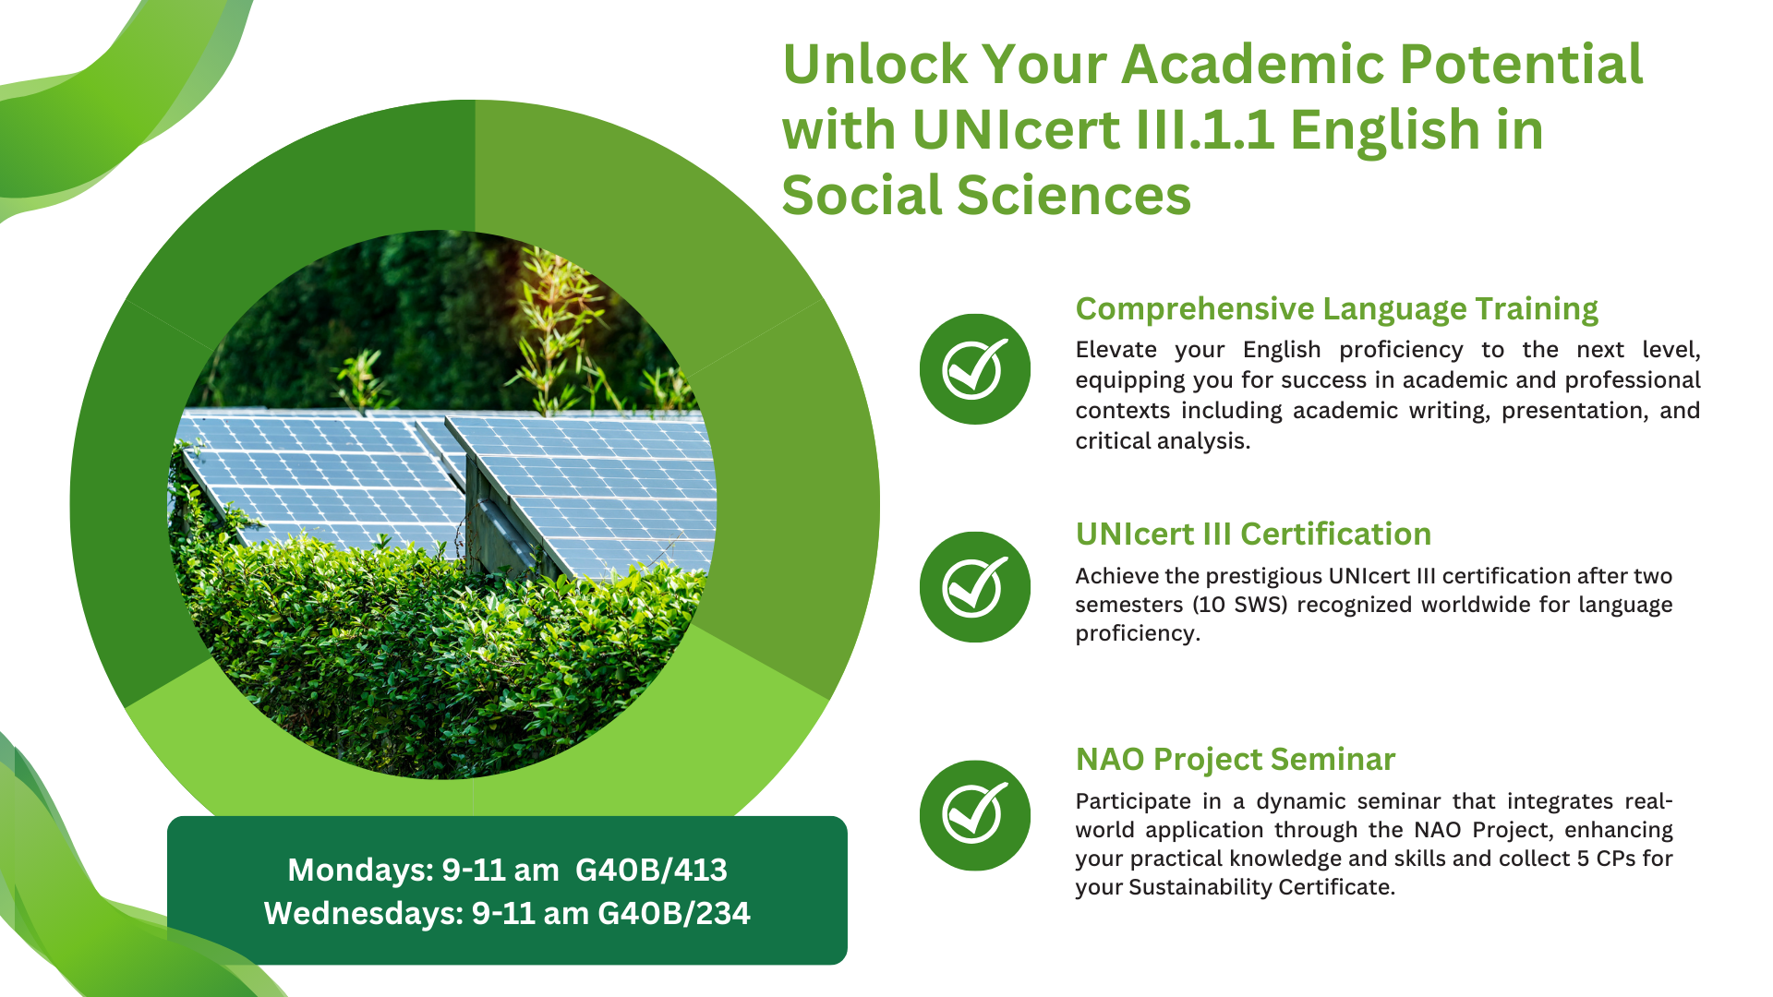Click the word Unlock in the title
[874, 64]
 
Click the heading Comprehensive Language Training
[1336, 309]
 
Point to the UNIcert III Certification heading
[1253, 534]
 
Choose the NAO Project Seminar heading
[1235, 759]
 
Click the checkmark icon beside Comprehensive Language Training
[974, 369]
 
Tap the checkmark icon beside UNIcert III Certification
[974, 587]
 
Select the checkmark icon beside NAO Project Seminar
[974, 815]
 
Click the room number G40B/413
[651, 870]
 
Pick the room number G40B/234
[674, 913]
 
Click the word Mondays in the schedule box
[360, 871]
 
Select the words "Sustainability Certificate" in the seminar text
[1260, 888]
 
